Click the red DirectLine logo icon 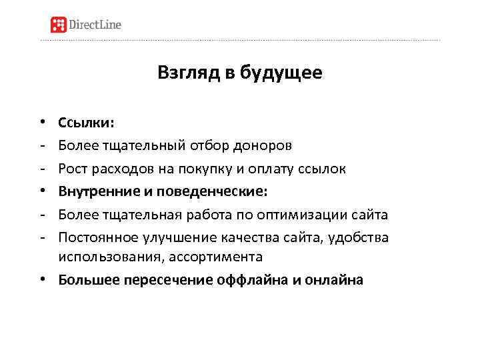59,25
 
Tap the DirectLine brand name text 96,25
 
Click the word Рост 72,169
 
